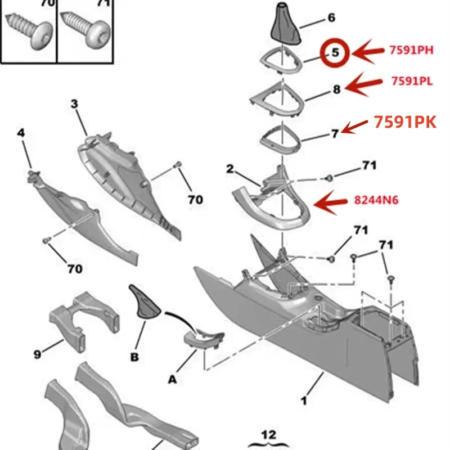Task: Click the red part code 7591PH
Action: (x=411, y=51)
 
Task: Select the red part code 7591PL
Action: (x=412, y=81)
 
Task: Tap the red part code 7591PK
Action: (x=405, y=123)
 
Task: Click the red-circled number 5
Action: (x=335, y=53)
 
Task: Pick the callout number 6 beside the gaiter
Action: (x=331, y=18)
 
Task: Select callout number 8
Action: (x=336, y=88)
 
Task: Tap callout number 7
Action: (x=335, y=133)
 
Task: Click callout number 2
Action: (x=230, y=168)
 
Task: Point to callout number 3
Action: (x=74, y=103)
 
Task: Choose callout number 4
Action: (x=21, y=133)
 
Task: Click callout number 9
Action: (x=37, y=354)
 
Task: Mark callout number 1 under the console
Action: (x=304, y=401)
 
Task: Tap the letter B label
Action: (x=134, y=357)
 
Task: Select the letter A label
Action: (x=173, y=380)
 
